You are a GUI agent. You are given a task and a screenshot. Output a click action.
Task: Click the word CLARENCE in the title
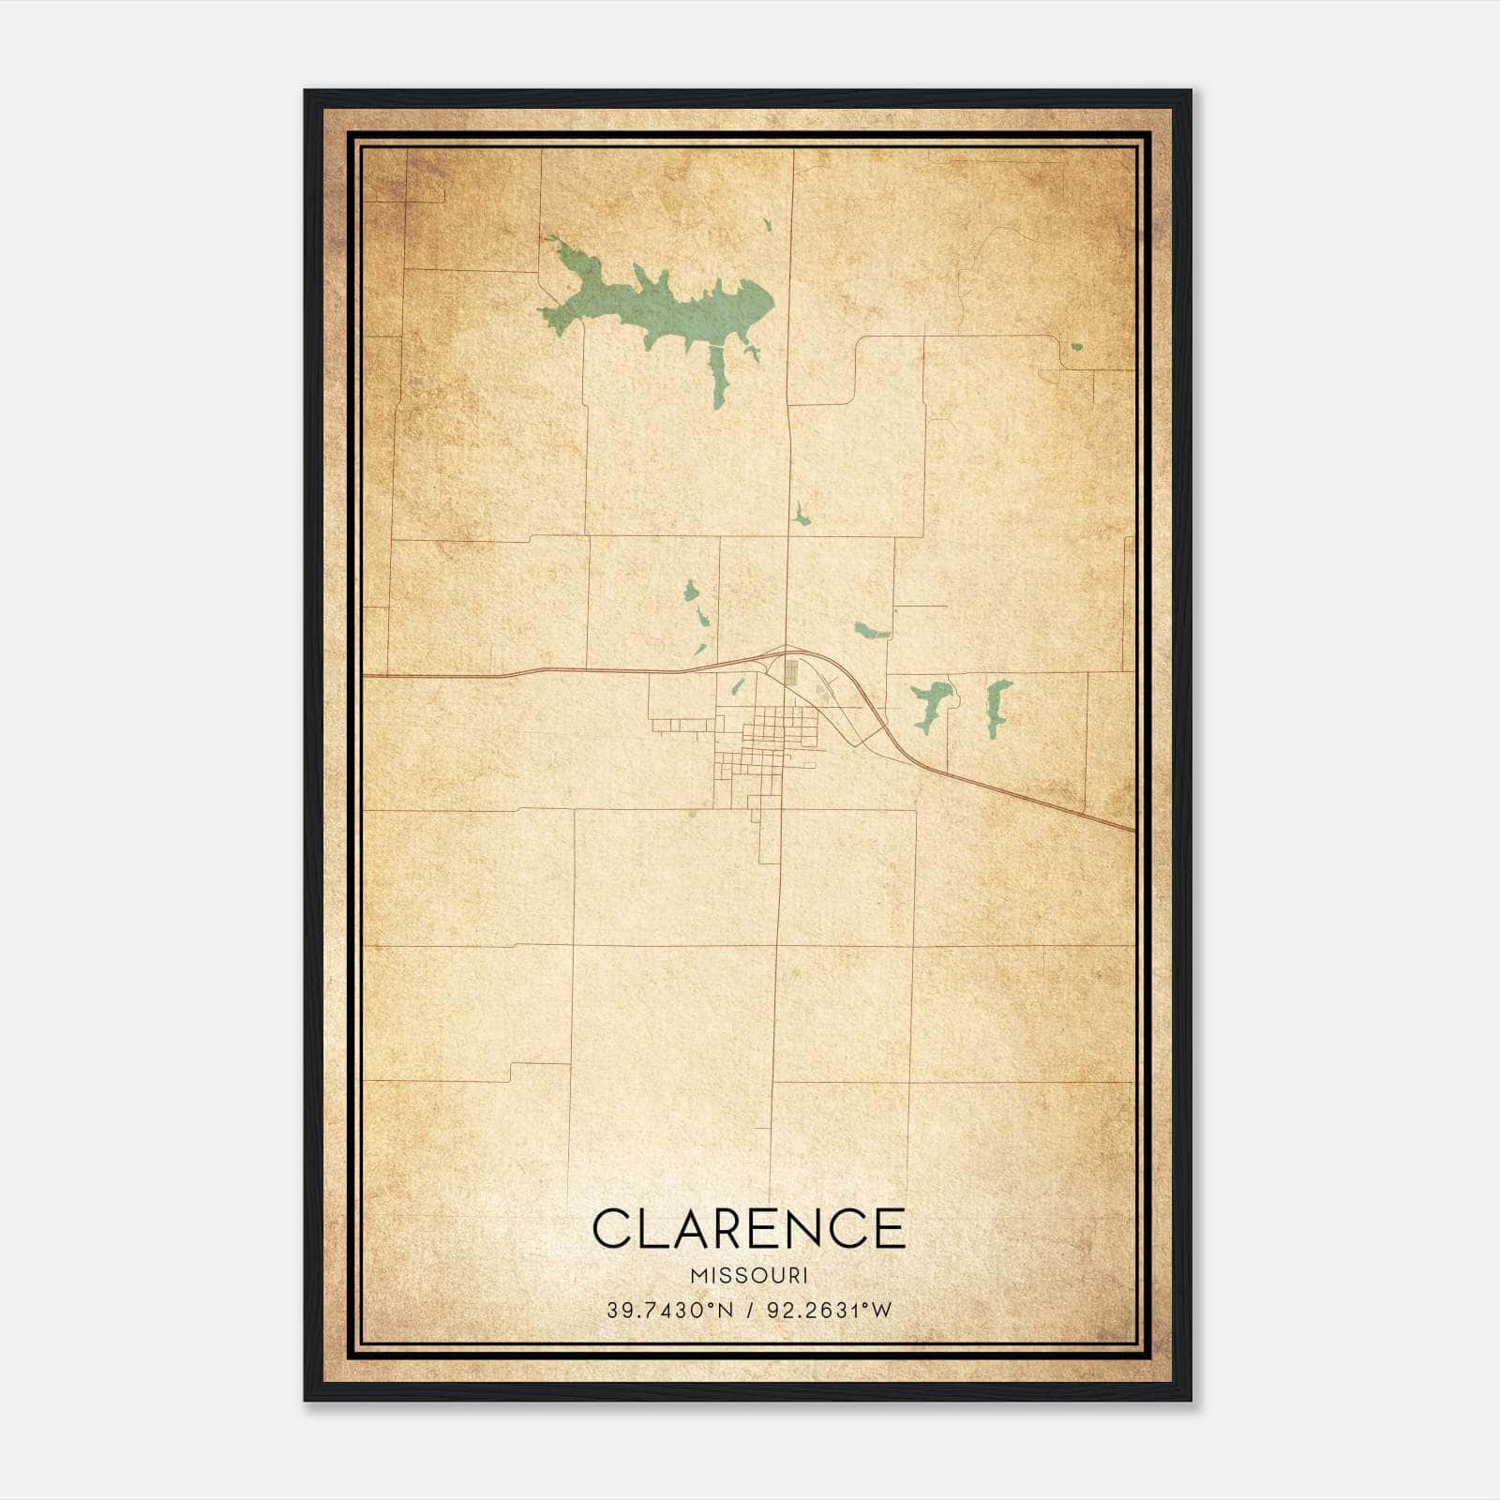pos(749,1229)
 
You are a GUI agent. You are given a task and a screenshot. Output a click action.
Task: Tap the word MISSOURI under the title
pos(749,1276)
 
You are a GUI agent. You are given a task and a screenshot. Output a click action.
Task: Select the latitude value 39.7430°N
pos(669,1311)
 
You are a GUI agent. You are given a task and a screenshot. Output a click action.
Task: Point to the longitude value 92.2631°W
pos(830,1311)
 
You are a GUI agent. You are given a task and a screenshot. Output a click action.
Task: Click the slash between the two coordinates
pos(750,1311)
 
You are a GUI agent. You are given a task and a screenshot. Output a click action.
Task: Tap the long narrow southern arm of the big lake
pos(719,380)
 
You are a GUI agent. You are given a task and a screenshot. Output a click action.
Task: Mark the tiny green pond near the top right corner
pos(1076,347)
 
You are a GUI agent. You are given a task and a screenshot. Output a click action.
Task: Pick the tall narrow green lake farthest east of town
pos(997,707)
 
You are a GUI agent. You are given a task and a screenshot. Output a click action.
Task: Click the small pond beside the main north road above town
pos(800,515)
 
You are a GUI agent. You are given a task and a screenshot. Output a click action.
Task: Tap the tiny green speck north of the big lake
pos(767,225)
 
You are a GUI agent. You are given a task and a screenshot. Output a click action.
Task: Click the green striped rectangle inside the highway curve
pos(790,671)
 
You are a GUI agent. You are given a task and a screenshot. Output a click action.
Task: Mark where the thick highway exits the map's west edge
pos(366,675)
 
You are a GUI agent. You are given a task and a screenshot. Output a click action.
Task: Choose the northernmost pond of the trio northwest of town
pos(691,591)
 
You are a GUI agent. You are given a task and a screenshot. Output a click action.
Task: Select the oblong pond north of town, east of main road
pos(870,630)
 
